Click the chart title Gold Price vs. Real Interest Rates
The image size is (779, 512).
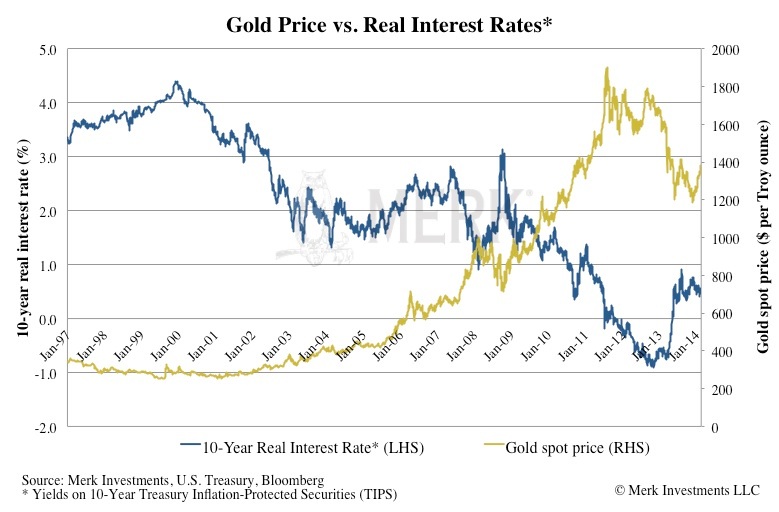click(x=388, y=22)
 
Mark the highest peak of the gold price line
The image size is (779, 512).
click(x=607, y=69)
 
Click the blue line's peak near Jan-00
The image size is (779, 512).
click(x=176, y=83)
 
